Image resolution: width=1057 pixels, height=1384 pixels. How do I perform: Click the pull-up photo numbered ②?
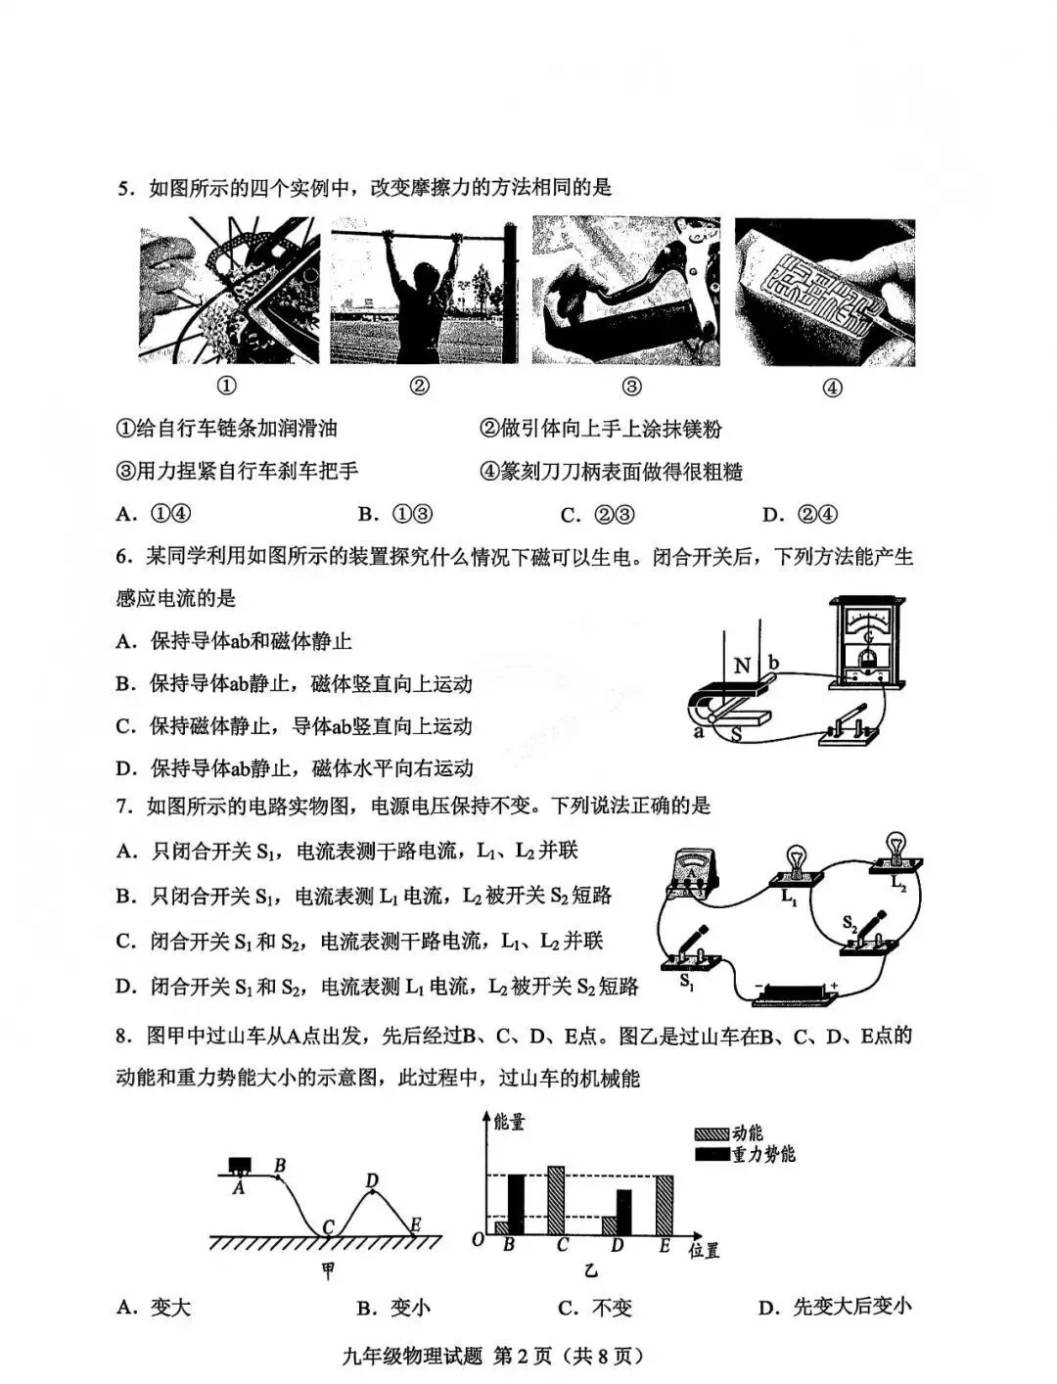(424, 291)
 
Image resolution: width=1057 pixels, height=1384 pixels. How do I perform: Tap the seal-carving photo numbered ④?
(825, 292)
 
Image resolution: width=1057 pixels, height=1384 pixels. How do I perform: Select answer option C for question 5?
(598, 515)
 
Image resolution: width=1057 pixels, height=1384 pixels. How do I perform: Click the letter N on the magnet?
(742, 666)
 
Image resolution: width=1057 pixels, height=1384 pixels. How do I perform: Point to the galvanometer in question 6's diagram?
(868, 643)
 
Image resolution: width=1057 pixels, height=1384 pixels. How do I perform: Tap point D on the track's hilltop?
(373, 1191)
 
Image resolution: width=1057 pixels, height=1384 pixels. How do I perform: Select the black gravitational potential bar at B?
(516, 1204)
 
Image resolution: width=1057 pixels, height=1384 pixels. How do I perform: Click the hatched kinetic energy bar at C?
(556, 1201)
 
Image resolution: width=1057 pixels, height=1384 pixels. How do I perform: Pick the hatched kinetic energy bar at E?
(665, 1205)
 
